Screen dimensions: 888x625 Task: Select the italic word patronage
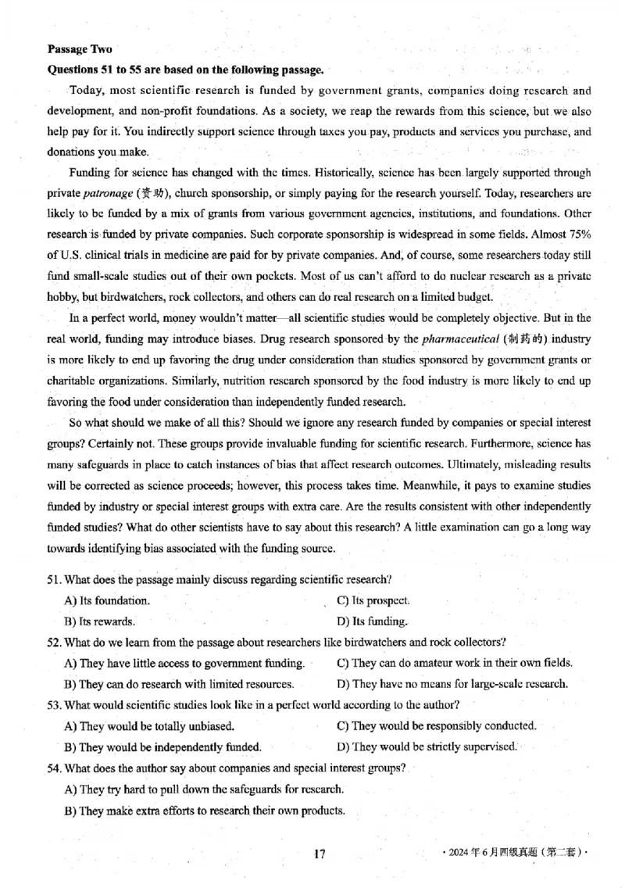[x=108, y=193]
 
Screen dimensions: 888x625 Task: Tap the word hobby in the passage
[x=62, y=297]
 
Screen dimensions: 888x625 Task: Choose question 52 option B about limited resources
[x=179, y=684]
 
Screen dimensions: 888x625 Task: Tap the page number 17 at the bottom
[x=319, y=854]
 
